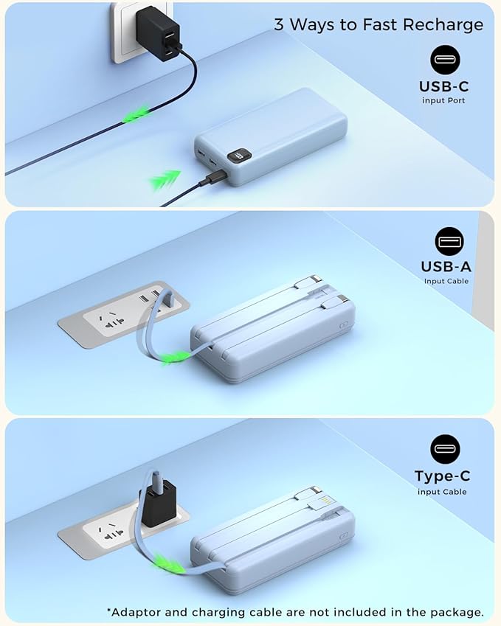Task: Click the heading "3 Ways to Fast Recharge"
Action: pyautogui.click(x=379, y=24)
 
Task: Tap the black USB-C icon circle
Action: pyautogui.click(x=444, y=60)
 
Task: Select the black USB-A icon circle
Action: pyautogui.click(x=444, y=241)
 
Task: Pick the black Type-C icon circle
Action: pyautogui.click(x=444, y=449)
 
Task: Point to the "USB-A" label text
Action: pyautogui.click(x=446, y=267)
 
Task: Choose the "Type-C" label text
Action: pyautogui.click(x=443, y=476)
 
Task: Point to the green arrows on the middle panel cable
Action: pyautogui.click(x=174, y=358)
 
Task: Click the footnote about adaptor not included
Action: pyautogui.click(x=295, y=611)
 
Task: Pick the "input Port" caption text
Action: pyautogui.click(x=444, y=100)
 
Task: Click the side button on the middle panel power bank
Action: pyautogui.click(x=342, y=325)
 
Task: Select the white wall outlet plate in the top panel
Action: pyautogui.click(x=125, y=33)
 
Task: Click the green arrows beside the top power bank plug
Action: pyautogui.click(x=166, y=179)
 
